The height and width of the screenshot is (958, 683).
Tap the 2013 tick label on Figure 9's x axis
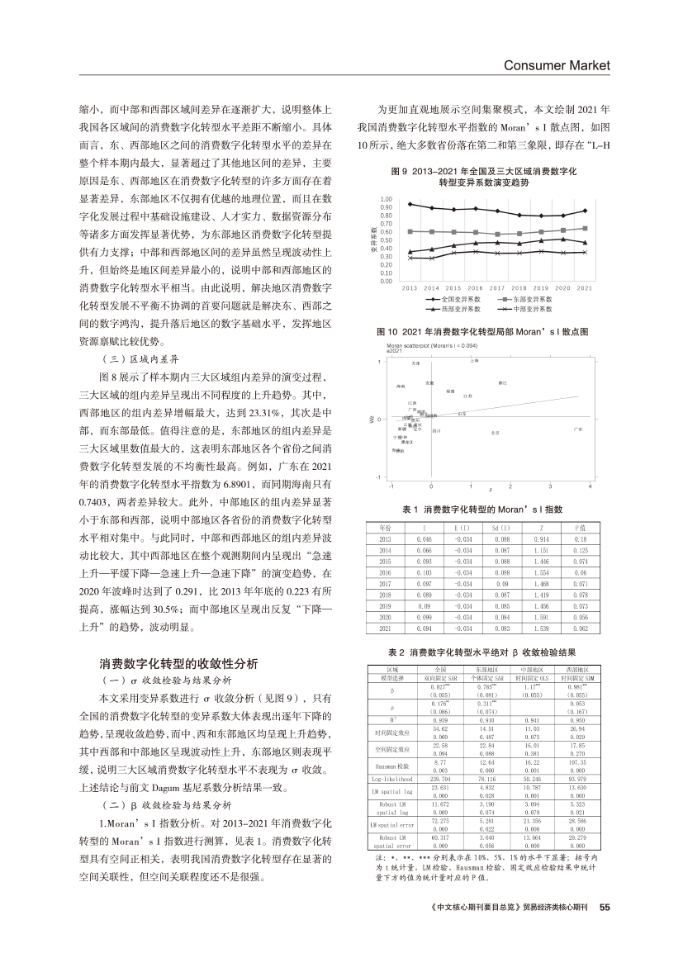tap(410, 287)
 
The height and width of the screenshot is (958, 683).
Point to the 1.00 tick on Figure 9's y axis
tap(387, 200)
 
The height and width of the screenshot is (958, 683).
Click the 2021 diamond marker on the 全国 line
tap(586, 211)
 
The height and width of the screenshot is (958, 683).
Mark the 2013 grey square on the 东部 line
tap(410, 231)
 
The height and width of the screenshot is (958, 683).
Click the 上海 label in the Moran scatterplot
tap(474, 360)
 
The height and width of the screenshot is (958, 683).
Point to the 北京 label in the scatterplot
tap(494, 432)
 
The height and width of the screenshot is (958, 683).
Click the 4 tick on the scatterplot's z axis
tap(590, 486)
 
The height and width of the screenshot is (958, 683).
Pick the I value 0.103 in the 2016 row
tap(425, 571)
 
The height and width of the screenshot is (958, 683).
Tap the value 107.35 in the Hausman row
tap(577, 763)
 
